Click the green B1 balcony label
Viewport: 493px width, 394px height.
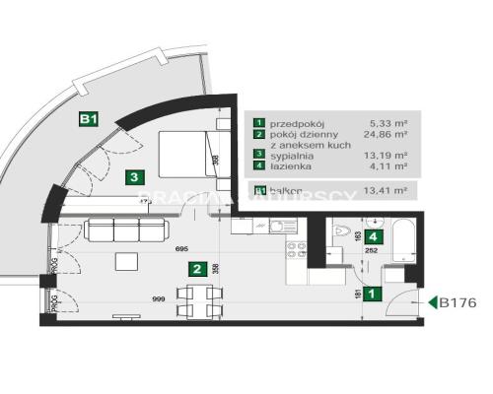[x=88, y=119]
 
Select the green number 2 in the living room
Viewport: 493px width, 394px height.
[x=197, y=268]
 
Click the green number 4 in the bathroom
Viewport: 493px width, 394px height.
[x=373, y=236]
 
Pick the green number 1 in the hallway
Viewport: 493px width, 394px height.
[x=372, y=293]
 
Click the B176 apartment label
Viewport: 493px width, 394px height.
[x=458, y=302]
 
